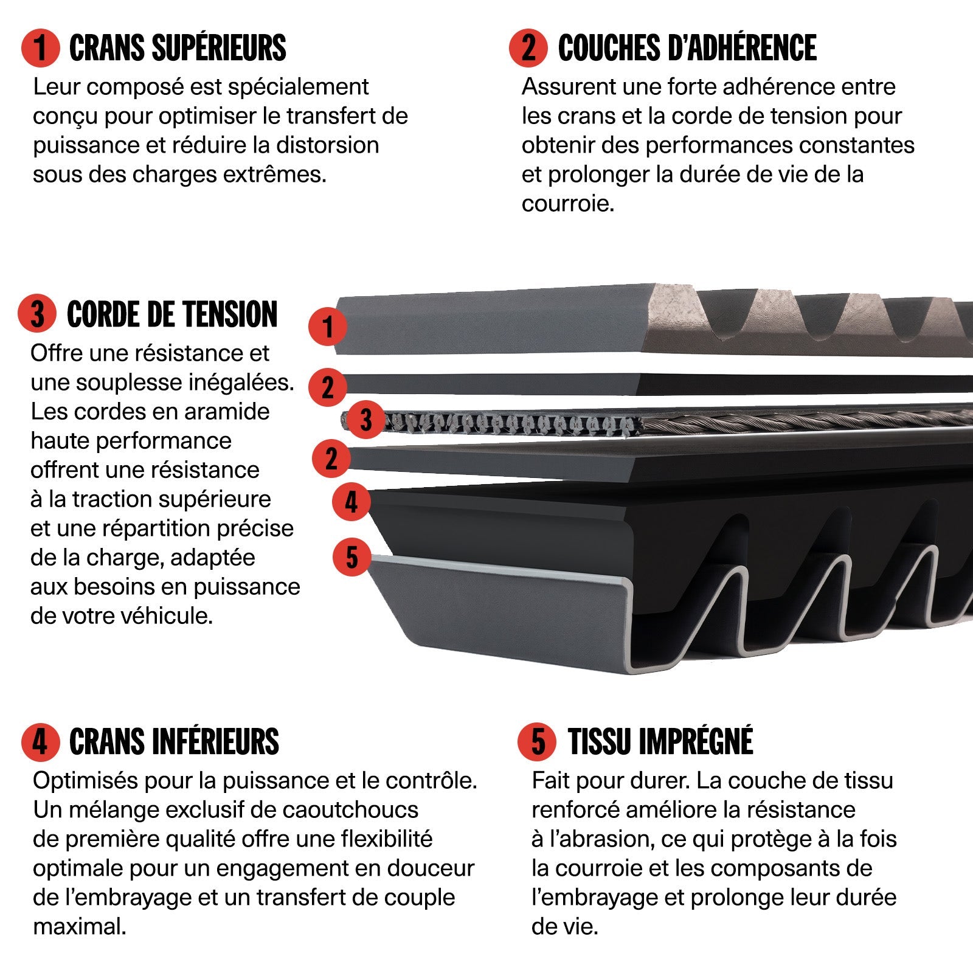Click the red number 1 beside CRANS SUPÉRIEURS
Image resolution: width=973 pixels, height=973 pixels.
(40, 48)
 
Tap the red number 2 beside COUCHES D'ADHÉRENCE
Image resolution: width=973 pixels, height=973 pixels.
(528, 48)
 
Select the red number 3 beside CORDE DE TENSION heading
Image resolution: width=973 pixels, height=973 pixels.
(38, 314)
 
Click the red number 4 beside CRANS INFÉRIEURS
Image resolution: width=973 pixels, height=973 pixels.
(40, 742)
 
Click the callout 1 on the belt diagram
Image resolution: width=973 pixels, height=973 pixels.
(328, 327)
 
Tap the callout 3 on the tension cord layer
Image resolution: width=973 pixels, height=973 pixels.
(365, 420)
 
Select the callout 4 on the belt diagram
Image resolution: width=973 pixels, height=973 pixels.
(351, 502)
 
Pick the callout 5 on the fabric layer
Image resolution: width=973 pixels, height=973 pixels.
(351, 557)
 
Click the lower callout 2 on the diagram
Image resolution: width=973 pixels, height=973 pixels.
(331, 459)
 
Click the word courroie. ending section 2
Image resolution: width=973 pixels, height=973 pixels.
(568, 204)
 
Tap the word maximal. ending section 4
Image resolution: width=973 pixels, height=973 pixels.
(80, 927)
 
